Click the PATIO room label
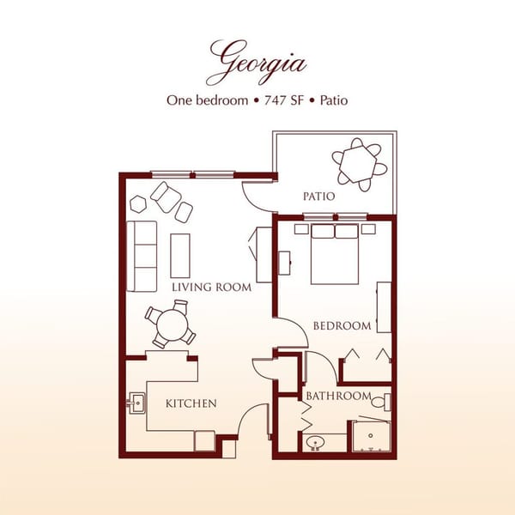[x=318, y=197]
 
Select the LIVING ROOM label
[x=211, y=287]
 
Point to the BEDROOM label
[x=342, y=325]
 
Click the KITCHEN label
[x=191, y=403]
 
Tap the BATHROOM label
[x=338, y=396]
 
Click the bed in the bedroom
[x=335, y=254]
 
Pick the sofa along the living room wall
[x=142, y=256]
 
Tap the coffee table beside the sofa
[x=180, y=255]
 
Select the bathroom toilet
[x=384, y=401]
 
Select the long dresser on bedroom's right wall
[x=384, y=307]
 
